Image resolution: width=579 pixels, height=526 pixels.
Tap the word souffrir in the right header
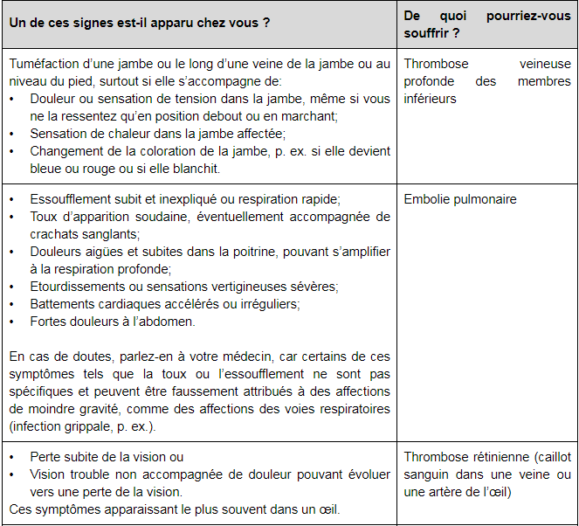pos(428,34)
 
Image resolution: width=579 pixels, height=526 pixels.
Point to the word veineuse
pos(545,64)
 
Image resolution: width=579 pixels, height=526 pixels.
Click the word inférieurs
pos(430,99)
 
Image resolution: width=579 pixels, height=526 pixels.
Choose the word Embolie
pos(425,199)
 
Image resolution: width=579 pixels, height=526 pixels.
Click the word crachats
pos(54,234)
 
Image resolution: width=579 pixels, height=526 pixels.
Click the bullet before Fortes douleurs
pos(12,322)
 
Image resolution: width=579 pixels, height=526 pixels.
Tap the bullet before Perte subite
pos(12,457)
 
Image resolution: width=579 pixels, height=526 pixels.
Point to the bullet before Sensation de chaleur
pos(12,134)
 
